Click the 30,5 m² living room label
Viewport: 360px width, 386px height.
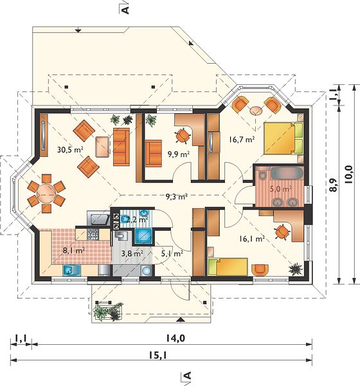tap(70, 149)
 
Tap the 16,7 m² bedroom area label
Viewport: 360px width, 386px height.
tap(242, 140)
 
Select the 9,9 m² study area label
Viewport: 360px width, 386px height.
tap(179, 154)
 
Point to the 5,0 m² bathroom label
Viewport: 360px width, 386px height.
tap(281, 189)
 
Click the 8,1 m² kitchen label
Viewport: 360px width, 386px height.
tap(74, 251)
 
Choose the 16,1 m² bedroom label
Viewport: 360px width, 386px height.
tap(252, 238)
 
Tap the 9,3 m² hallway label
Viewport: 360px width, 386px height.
tap(177, 196)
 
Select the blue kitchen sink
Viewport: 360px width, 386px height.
tap(71, 270)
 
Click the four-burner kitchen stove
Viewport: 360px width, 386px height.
tap(93, 235)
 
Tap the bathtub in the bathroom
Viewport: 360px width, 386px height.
tap(287, 174)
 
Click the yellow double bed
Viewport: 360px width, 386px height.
tap(283, 138)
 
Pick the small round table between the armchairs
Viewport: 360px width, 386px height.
tap(256, 111)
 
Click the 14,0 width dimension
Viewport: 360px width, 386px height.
tap(175, 338)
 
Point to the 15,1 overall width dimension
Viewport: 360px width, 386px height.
tap(158, 355)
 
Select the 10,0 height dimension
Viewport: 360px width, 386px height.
tap(349, 174)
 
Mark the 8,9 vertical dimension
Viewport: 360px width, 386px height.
tap(334, 185)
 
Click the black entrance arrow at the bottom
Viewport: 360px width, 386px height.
tap(181, 320)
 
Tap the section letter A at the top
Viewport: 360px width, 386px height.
tap(125, 10)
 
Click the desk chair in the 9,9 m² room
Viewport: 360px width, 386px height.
tap(183, 135)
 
